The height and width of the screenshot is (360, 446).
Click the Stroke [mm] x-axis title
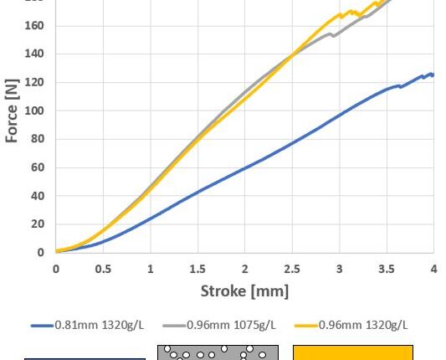point(244,291)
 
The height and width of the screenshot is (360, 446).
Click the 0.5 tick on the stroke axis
point(103,269)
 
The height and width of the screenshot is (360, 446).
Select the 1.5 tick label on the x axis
point(197,269)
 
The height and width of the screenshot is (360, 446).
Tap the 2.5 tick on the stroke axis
point(291,269)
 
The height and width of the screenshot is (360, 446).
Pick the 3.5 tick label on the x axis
point(386,269)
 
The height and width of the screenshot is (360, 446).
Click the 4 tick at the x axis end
point(433,269)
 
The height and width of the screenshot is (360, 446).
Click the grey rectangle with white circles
point(218,352)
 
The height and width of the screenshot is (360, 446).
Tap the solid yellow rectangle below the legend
point(352,352)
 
